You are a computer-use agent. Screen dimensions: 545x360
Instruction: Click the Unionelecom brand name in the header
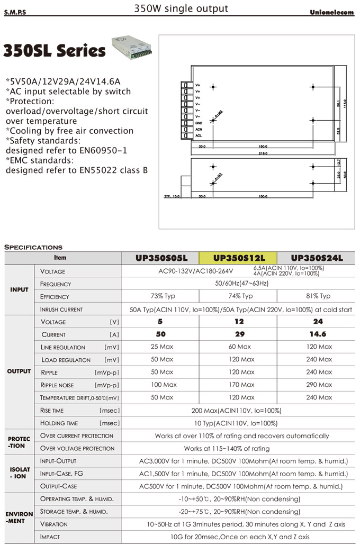(x=331, y=13)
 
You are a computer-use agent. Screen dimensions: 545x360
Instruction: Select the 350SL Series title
(x=55, y=51)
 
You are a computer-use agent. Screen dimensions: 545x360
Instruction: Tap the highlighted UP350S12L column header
(x=239, y=258)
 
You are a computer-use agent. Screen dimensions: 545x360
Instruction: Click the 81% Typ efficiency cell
(x=318, y=296)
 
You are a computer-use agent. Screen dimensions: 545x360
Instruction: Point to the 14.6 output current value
(x=318, y=334)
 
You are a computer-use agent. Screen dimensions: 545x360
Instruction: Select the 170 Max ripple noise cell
(x=240, y=385)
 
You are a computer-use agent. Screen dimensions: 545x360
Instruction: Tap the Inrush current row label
(x=62, y=310)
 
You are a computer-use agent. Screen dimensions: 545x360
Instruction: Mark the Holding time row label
(x=59, y=423)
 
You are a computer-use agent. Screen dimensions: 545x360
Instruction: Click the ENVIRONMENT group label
(x=20, y=517)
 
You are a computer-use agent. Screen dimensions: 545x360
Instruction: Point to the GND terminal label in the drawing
(x=199, y=123)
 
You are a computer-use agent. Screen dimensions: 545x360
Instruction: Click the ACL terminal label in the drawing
(x=199, y=135)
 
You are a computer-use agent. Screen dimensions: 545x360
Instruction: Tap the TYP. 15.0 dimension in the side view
(x=172, y=196)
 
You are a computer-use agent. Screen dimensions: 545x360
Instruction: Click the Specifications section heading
(x=33, y=247)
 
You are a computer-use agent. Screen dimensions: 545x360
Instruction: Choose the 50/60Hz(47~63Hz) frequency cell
(x=239, y=284)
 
